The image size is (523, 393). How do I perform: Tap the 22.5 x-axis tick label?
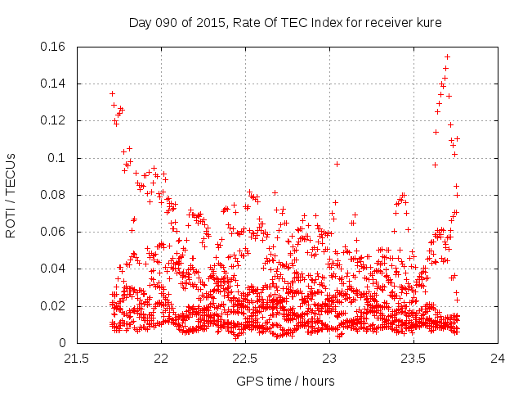[x=245, y=358]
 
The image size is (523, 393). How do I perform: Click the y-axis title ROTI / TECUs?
[x=11, y=196]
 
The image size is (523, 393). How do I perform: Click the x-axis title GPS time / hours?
[x=285, y=381]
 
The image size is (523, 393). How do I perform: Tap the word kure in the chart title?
[x=428, y=22]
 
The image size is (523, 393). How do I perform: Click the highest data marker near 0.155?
[x=447, y=56]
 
